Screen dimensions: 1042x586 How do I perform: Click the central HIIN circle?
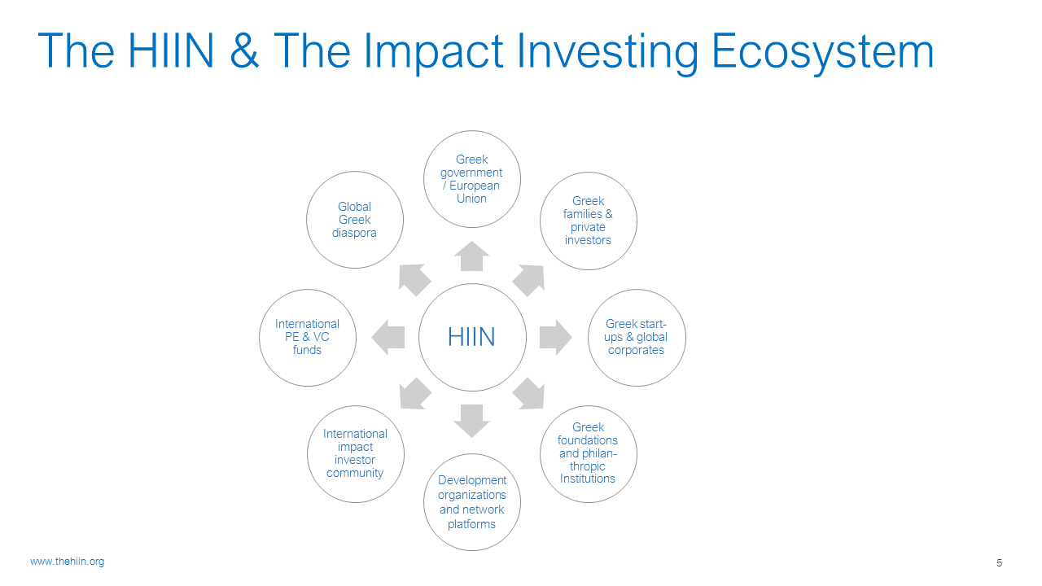click(472, 337)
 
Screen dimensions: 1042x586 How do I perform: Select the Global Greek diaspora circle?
click(354, 220)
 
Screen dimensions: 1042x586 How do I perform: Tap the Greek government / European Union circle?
click(471, 179)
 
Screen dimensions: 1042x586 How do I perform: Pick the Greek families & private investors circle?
click(589, 221)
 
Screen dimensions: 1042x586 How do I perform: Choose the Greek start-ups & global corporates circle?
click(637, 338)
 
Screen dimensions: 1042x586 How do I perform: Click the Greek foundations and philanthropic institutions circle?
click(589, 454)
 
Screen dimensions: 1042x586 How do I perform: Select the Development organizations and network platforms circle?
click(471, 502)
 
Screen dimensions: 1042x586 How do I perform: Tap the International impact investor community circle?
click(356, 454)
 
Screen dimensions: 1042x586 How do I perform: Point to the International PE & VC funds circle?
click(308, 338)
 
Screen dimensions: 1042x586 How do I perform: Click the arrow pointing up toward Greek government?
click(471, 256)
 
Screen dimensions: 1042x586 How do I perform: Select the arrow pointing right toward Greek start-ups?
click(556, 338)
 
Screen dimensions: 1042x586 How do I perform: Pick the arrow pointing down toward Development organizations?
click(471, 421)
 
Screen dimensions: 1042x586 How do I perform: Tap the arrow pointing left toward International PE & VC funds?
click(388, 338)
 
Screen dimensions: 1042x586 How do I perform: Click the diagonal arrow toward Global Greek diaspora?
click(414, 279)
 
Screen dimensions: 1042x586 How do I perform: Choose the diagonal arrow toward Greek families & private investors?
click(529, 280)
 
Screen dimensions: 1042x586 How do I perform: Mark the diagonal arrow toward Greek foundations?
click(529, 394)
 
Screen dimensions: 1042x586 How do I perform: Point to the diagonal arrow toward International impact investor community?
click(415, 394)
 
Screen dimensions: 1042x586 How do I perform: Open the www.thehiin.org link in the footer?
click(67, 562)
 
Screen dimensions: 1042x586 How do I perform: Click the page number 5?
click(999, 562)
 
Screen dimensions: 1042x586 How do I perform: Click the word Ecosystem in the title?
click(822, 51)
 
